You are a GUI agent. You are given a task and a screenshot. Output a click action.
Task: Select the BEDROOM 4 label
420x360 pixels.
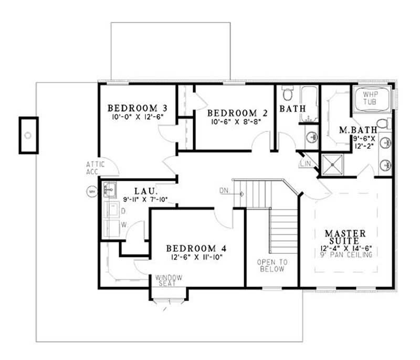pyautogui.click(x=197, y=248)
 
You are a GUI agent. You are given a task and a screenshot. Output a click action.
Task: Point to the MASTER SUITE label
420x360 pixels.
pyautogui.click(x=345, y=236)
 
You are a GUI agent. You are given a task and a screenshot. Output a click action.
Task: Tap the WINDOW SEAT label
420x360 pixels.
pyautogui.click(x=168, y=280)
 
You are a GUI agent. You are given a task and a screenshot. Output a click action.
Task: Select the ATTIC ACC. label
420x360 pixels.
pyautogui.click(x=96, y=168)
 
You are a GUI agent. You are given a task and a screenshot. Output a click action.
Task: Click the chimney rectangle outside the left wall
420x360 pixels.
pyautogui.click(x=28, y=135)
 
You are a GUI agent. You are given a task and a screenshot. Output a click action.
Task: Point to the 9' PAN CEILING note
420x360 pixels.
pyautogui.click(x=345, y=255)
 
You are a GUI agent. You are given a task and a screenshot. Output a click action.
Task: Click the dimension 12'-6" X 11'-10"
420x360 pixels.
pyautogui.click(x=197, y=257)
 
